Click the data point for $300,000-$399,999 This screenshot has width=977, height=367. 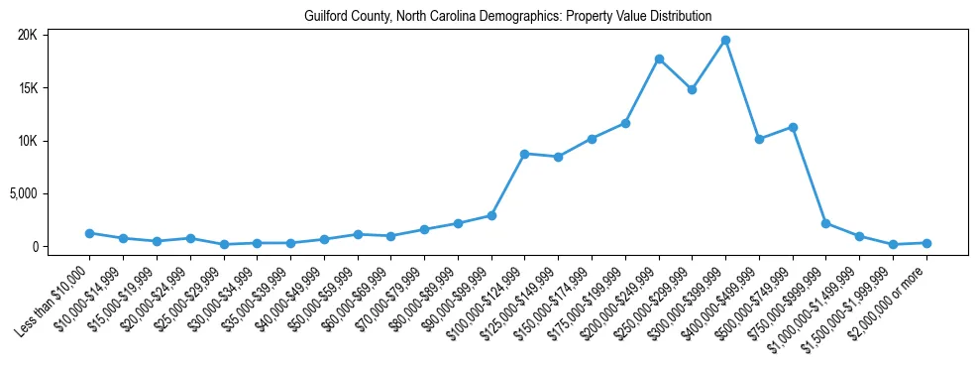725,40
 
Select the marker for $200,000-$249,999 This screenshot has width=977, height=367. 659,59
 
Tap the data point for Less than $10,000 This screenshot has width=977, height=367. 89,233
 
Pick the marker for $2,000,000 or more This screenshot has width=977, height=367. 926,243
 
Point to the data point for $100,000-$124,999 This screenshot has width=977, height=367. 525,154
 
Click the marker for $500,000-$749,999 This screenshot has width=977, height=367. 793,127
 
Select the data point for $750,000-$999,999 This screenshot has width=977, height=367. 826,223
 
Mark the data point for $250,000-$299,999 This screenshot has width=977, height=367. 692,89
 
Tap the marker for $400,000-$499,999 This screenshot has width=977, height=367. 759,139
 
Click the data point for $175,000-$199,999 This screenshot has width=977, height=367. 625,123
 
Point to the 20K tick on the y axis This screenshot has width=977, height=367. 27,35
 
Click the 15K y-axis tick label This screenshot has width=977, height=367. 27,88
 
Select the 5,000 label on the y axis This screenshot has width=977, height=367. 23,193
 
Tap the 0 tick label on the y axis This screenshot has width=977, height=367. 33,246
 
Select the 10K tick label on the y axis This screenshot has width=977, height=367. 27,141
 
